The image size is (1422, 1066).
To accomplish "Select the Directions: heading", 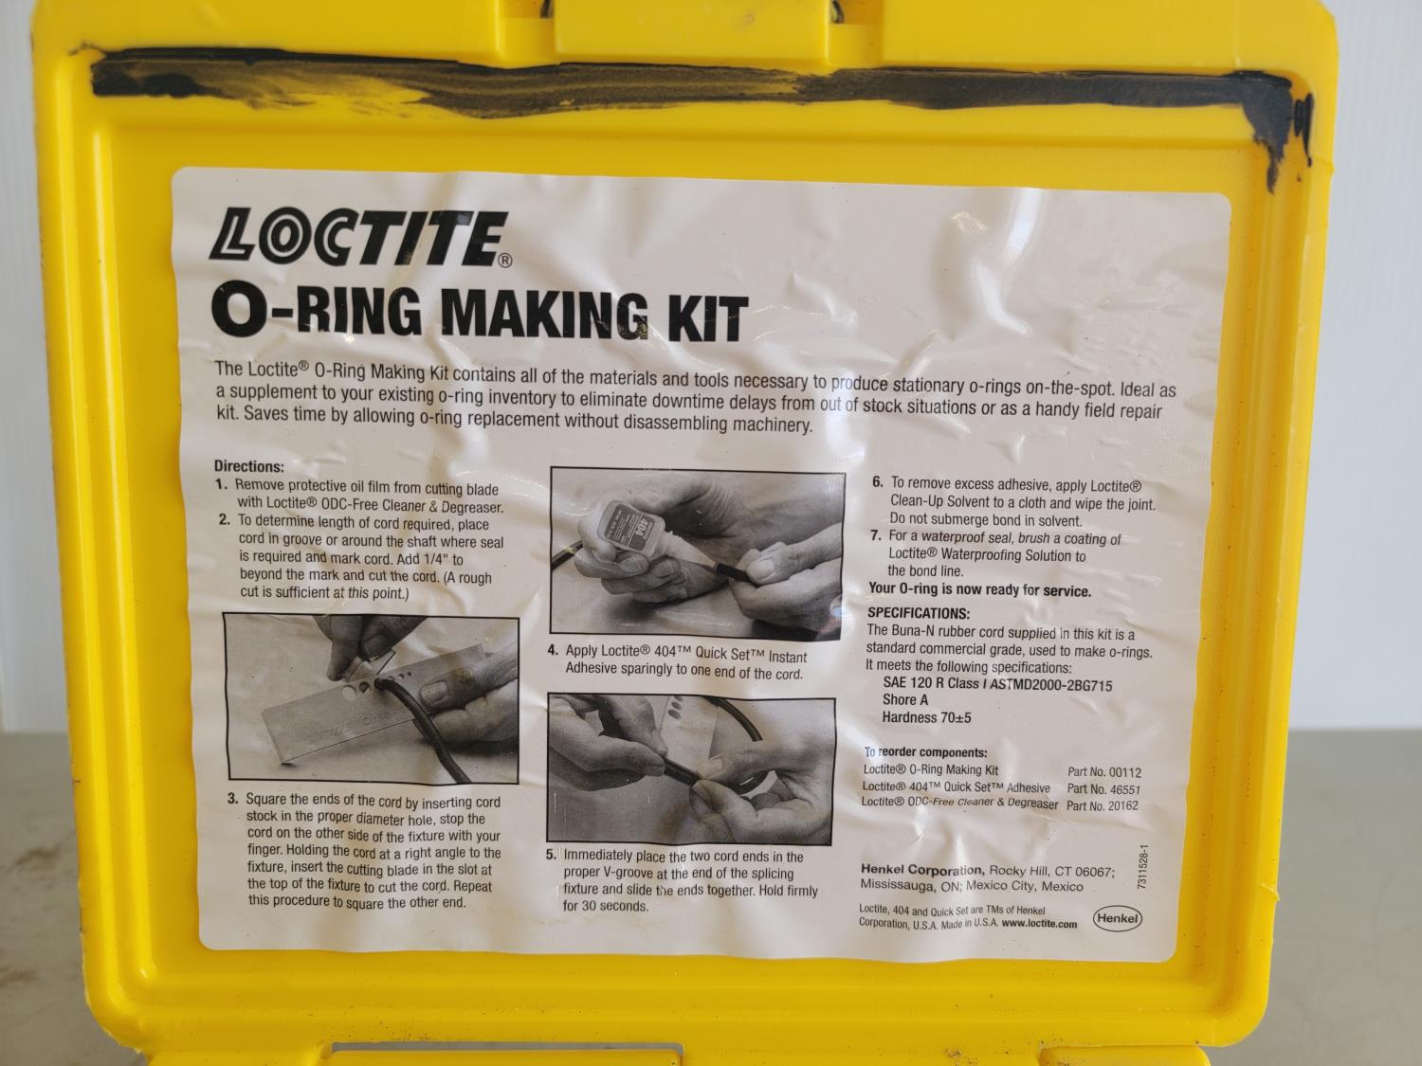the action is [248, 466].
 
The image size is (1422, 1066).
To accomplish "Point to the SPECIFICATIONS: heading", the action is [918, 612].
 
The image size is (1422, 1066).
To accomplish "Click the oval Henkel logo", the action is [1117, 918].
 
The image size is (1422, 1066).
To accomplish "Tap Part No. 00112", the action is [1103, 772].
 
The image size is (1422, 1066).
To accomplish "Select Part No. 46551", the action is [1103, 789].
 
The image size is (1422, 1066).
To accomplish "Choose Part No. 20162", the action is [1102, 805].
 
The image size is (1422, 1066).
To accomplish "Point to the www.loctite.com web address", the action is [1039, 924].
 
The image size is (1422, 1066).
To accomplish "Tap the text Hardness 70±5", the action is [926, 717].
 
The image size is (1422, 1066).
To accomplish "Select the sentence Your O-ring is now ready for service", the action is [979, 589].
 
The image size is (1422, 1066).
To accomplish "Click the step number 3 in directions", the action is [232, 799].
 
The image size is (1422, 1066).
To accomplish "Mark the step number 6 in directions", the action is [878, 482].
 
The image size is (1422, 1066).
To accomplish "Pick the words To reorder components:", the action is [925, 752].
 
